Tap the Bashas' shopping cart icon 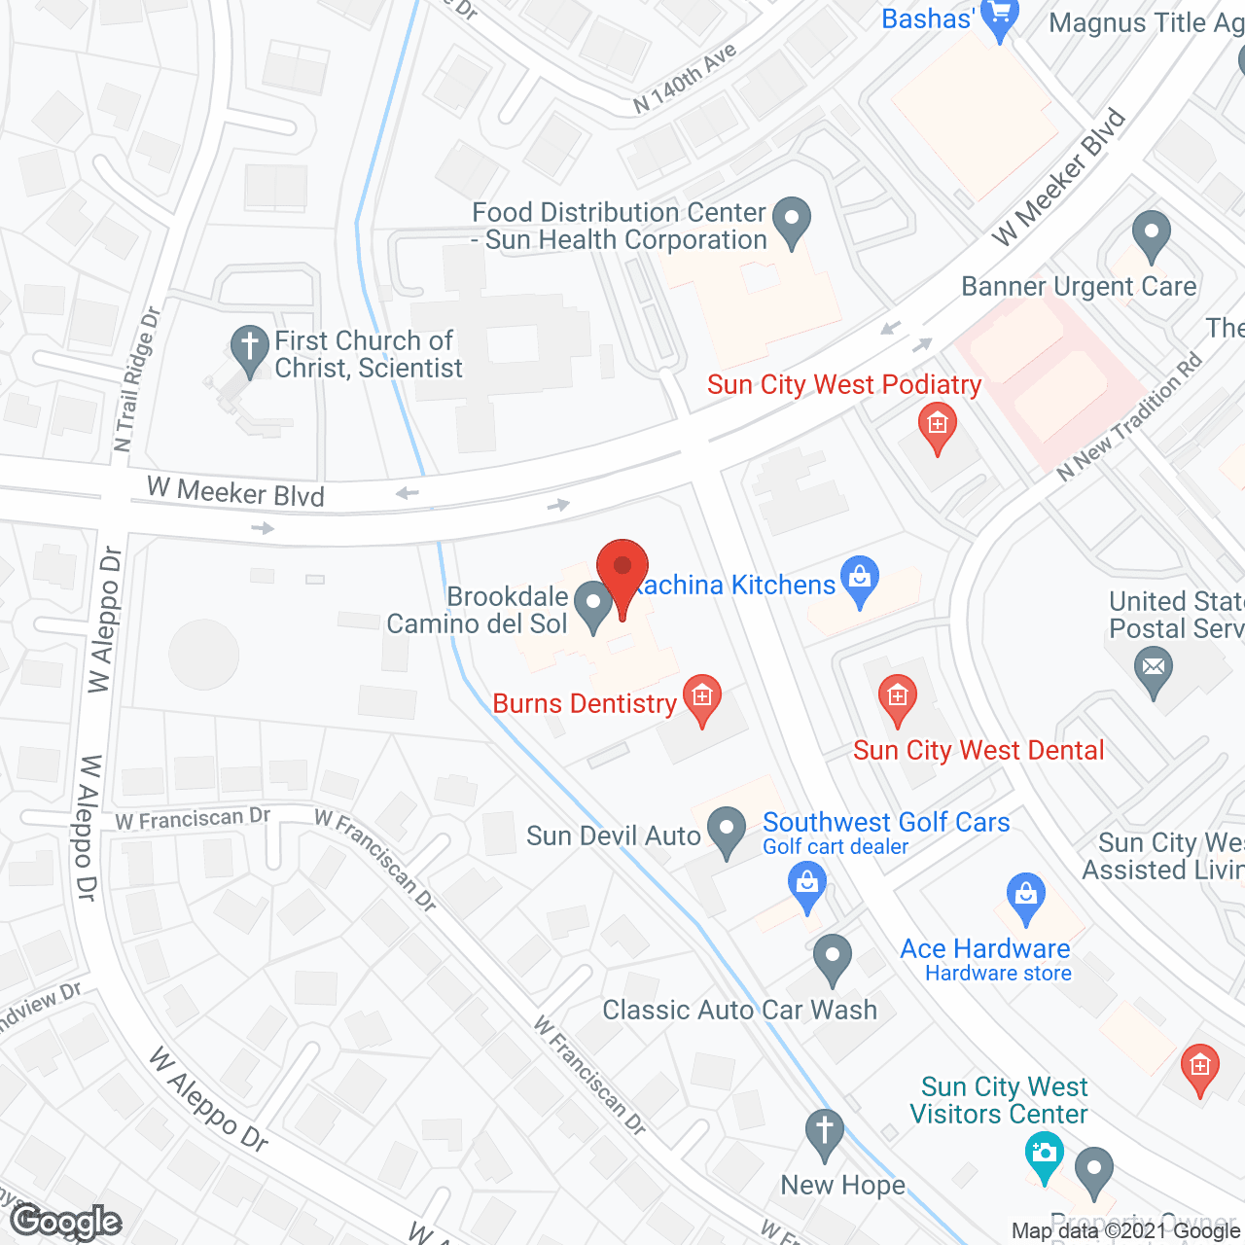click(x=999, y=17)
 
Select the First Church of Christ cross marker click(x=250, y=347)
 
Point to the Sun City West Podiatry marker click(x=938, y=427)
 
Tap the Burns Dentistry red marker click(x=701, y=698)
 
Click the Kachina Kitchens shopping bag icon click(x=860, y=579)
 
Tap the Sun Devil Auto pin click(x=726, y=831)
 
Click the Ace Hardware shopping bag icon click(x=1026, y=897)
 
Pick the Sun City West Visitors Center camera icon click(x=1044, y=1156)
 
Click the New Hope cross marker click(x=825, y=1133)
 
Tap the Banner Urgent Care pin click(x=1152, y=234)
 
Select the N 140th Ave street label click(x=685, y=78)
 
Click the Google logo click(x=66, y=1221)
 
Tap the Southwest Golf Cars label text click(x=886, y=822)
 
